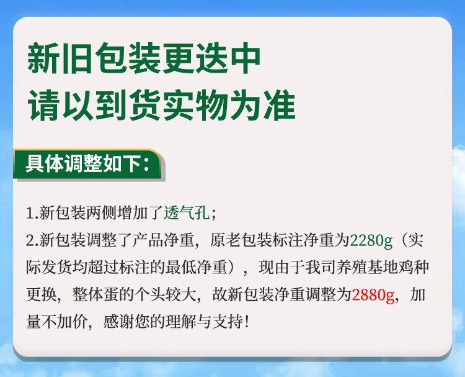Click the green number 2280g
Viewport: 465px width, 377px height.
(371, 241)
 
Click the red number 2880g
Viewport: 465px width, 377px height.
(373, 295)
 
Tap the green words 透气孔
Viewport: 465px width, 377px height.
(187, 213)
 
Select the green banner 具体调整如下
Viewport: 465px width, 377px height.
(88, 164)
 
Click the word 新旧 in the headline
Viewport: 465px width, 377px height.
(60, 58)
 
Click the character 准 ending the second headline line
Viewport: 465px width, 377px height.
(280, 106)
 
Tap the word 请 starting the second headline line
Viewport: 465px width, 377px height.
(44, 106)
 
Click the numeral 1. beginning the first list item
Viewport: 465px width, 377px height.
(32, 214)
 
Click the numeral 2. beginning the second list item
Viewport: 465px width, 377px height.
(32, 241)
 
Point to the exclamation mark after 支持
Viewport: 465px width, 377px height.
(247, 322)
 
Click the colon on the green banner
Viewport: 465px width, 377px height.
(146, 165)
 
